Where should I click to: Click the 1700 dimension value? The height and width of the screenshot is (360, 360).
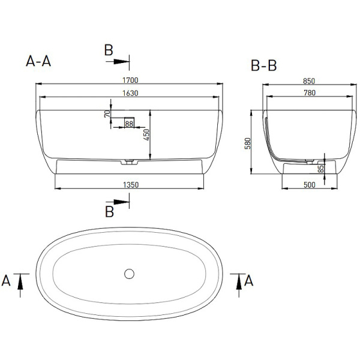coord(130,80)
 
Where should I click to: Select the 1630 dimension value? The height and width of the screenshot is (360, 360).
coord(130,93)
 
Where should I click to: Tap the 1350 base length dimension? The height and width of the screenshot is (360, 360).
coord(131,185)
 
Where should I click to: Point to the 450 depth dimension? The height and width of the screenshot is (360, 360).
coord(146,135)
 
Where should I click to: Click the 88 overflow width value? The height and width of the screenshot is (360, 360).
coord(129,124)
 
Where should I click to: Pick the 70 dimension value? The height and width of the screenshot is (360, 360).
coord(107,113)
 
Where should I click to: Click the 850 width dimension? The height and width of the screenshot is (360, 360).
coord(309,81)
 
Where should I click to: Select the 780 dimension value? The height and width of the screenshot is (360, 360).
coord(310,93)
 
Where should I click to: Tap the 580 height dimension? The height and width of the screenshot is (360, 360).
coord(248,143)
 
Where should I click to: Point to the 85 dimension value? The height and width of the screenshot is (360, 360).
coord(321,169)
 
